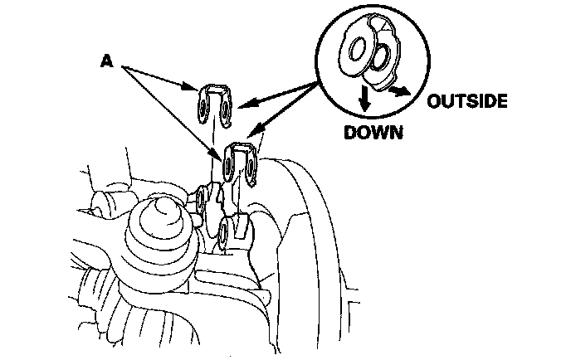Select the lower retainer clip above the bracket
[242, 162]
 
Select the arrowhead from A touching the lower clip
[219, 155]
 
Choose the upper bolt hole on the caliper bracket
[202, 197]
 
